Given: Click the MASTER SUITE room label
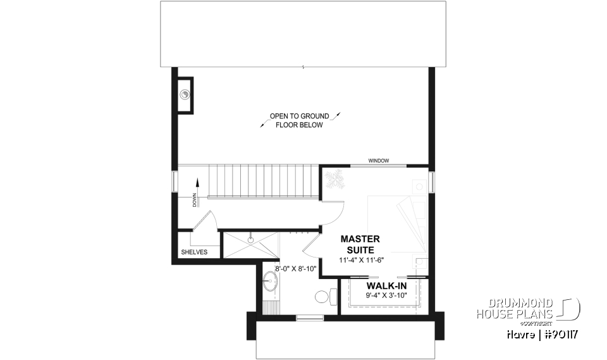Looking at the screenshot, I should point(360,244).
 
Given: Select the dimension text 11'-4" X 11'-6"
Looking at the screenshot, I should point(360,259).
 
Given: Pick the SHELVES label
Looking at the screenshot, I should point(194,252).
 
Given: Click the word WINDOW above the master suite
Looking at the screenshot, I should point(378,161).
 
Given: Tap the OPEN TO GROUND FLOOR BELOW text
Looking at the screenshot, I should point(299,121).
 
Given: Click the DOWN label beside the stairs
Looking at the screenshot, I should point(194,199).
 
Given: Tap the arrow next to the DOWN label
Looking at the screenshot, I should point(197,182).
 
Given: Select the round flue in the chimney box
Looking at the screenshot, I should point(185,95).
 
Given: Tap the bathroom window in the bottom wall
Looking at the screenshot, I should point(309,317).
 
